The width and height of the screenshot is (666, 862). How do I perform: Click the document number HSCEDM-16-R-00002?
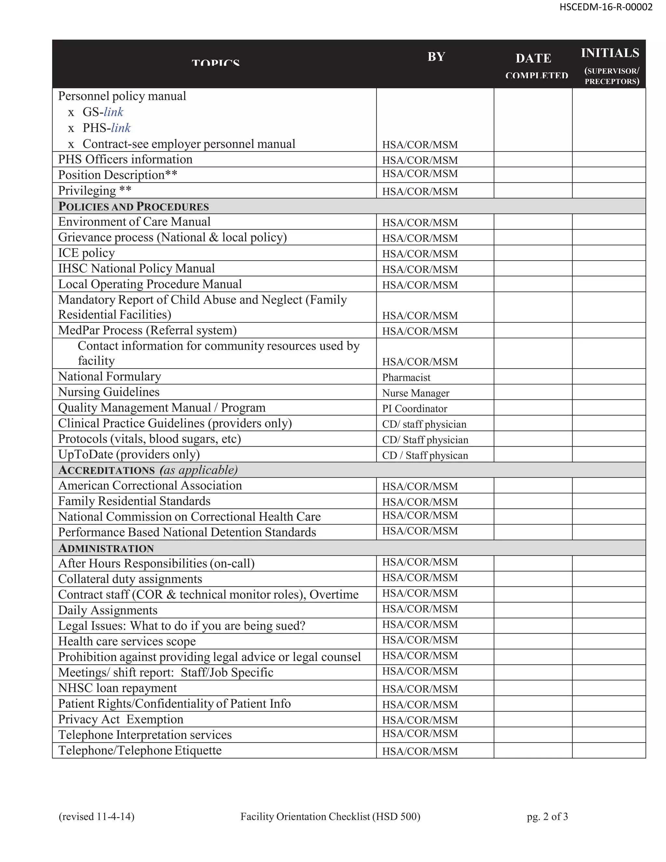(606, 7)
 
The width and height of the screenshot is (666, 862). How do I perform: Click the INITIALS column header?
(610, 53)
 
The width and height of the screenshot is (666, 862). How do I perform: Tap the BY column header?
(436, 57)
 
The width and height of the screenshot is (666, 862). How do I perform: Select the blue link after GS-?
(113, 112)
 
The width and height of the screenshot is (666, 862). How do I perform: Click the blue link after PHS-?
(121, 128)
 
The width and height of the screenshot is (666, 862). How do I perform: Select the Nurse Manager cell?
(416, 393)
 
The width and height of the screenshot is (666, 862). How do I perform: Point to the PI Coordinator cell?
(414, 409)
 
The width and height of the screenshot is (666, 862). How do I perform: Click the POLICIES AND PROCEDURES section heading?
(133, 207)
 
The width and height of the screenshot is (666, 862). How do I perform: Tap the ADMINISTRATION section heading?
(106, 548)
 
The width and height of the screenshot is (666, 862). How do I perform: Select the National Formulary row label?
(110, 377)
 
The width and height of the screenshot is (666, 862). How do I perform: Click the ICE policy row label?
(87, 253)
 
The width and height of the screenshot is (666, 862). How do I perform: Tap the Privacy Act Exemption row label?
(121, 719)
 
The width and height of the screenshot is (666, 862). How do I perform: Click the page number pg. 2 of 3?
(547, 816)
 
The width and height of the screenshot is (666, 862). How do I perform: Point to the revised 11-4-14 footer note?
(96, 816)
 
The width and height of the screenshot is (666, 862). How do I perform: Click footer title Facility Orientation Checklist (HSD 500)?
(330, 816)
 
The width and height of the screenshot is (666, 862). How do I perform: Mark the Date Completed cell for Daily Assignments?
(533, 610)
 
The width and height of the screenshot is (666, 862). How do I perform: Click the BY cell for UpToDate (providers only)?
(425, 455)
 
